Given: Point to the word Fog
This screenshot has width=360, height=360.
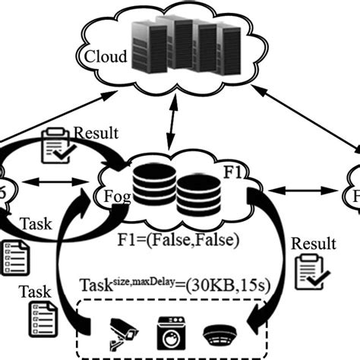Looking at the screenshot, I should (x=112, y=195).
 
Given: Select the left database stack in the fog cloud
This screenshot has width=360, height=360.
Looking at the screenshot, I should (x=156, y=189).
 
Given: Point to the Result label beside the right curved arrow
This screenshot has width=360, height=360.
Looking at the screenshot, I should (x=312, y=245).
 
